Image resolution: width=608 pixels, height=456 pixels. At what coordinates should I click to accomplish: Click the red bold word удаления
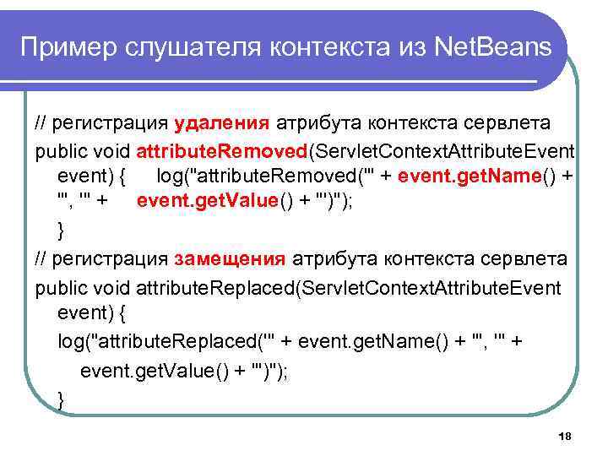coord(222,123)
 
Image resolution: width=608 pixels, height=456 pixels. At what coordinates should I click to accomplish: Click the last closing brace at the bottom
coord(61,399)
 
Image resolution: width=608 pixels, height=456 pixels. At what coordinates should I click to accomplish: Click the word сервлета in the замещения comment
coord(509,258)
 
